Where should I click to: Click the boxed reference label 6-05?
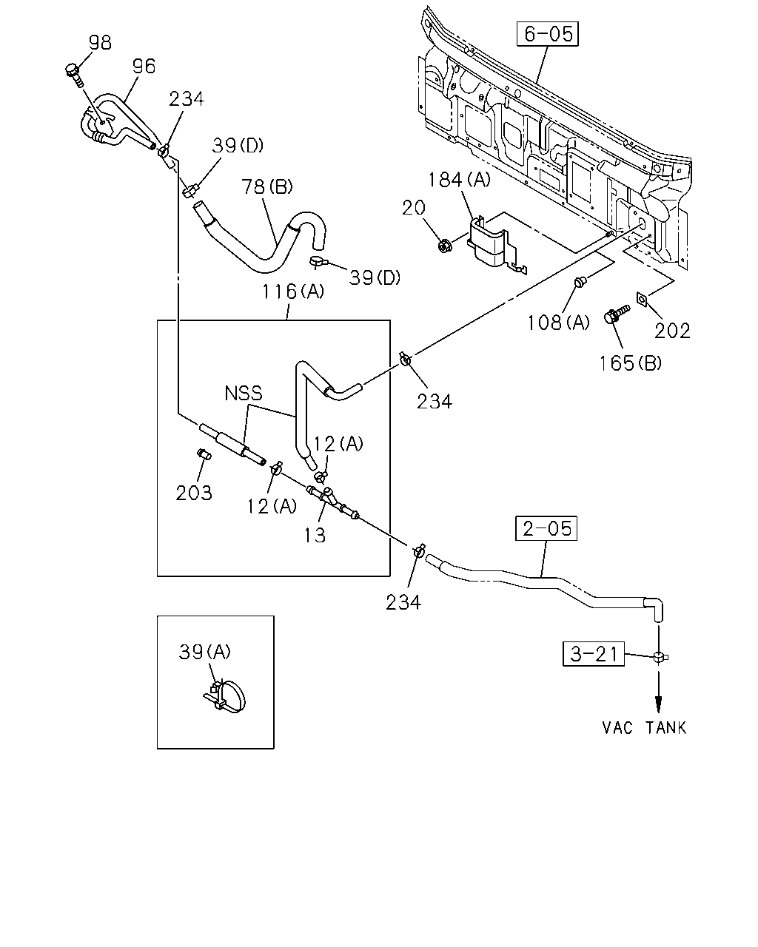548,34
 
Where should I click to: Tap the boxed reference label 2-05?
546,528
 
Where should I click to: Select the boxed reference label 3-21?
594,654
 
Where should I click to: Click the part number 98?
101,43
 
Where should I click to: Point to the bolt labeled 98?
75,75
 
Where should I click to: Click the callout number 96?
144,67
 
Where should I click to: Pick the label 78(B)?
267,186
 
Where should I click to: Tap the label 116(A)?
293,291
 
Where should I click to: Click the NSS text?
243,393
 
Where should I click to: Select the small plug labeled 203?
204,454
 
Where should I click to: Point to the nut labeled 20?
445,245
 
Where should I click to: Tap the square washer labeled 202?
643,300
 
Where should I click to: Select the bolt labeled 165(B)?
616,314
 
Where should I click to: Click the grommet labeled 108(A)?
580,281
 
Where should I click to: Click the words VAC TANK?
644,727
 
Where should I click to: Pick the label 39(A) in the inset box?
205,651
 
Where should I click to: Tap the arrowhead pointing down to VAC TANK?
659,705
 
